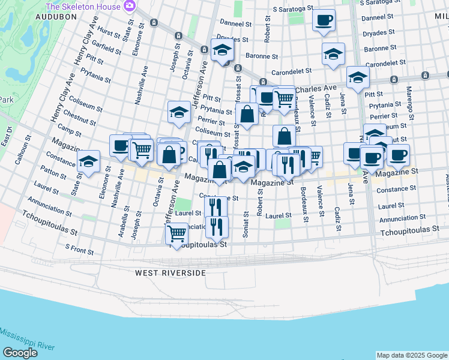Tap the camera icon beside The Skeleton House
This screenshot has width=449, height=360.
point(128,5)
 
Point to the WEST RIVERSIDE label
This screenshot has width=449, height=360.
point(170,273)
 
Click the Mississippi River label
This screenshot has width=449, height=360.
point(28,340)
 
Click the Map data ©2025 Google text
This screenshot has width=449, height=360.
point(412,355)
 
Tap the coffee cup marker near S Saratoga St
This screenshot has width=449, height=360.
point(324,20)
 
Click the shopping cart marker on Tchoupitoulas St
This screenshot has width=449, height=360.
point(177,233)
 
